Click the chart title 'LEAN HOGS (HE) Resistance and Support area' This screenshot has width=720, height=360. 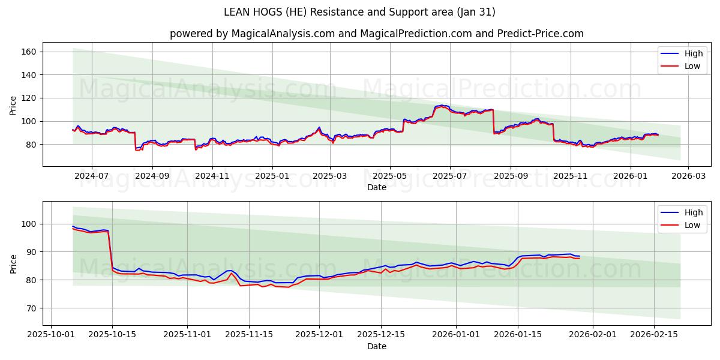pos(359,12)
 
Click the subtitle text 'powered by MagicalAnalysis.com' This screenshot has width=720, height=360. pos(251,34)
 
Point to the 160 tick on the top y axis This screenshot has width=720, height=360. pos(29,52)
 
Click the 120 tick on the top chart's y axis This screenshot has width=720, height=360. pos(29,98)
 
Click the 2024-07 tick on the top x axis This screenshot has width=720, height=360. pos(91,176)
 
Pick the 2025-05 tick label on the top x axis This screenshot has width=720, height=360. pos(390,176)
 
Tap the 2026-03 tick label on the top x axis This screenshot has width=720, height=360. pos(688,176)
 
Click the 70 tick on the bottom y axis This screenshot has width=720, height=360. pos(32,308)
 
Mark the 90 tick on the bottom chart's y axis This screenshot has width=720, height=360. pos(32,252)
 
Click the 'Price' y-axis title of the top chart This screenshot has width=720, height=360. pos(13,105)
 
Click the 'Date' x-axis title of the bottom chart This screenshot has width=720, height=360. pos(377,346)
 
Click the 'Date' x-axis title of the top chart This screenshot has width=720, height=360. pos(377,187)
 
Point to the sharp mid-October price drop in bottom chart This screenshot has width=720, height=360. pos(110,249)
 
